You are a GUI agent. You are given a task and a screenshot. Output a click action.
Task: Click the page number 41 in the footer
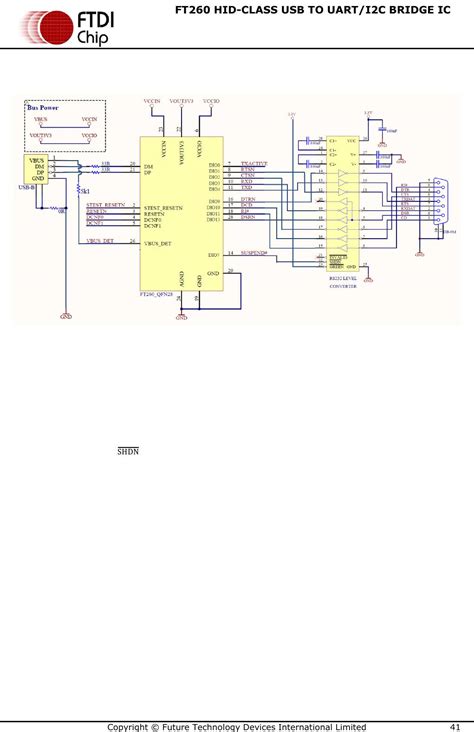click(x=455, y=725)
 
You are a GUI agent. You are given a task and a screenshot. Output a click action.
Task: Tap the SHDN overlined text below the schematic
click(x=128, y=452)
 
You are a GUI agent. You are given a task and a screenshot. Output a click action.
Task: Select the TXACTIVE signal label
click(x=254, y=164)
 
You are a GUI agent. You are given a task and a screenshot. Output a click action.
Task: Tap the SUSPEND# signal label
click(x=254, y=253)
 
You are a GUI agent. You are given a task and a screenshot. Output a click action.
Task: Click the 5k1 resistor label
click(x=85, y=190)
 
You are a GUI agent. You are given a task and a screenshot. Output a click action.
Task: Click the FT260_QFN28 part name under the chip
click(x=158, y=294)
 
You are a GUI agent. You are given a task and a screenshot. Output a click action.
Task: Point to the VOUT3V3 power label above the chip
click(x=181, y=101)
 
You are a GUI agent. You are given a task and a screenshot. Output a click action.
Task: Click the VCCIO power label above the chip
click(x=210, y=101)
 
